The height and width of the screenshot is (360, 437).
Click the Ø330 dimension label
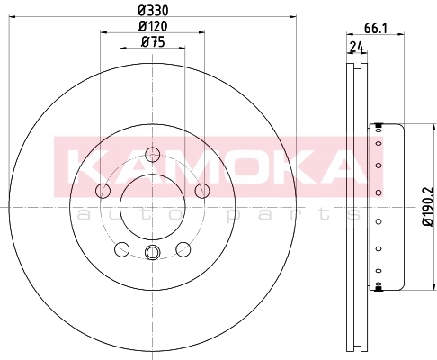pyautogui.click(x=153, y=11)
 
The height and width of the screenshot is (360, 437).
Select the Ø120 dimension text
pyautogui.click(x=153, y=26)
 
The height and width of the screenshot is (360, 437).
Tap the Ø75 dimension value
pyautogui.click(x=153, y=41)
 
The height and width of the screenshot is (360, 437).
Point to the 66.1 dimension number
pyautogui.click(x=376, y=29)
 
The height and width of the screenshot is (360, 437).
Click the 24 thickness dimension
pyautogui.click(x=357, y=47)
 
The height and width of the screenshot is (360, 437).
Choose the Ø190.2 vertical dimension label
pyautogui.click(x=428, y=207)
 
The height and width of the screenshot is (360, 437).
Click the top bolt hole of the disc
pyautogui.click(x=152, y=155)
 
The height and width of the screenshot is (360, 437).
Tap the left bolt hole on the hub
pyautogui.click(x=103, y=191)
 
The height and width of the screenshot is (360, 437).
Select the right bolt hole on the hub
pyautogui.click(x=202, y=191)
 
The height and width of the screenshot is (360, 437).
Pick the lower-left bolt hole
pyautogui.click(x=121, y=249)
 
